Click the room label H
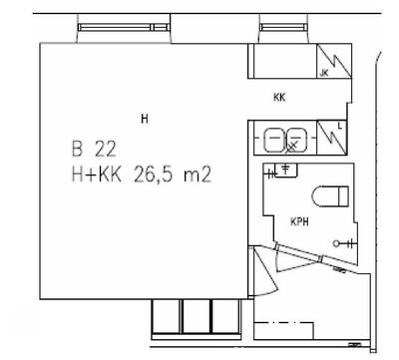pyautogui.click(x=145, y=119)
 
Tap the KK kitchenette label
pyautogui.click(x=279, y=98)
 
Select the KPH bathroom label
pyautogui.click(x=299, y=221)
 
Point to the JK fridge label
pyautogui.click(x=324, y=73)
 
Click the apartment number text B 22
pyautogui.click(x=94, y=149)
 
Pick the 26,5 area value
pyautogui.click(x=154, y=175)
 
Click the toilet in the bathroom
pyautogui.click(x=330, y=196)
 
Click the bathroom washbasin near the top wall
pyautogui.click(x=286, y=171)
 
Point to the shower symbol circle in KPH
pyautogui.click(x=336, y=244)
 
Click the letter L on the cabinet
pyautogui.click(x=339, y=126)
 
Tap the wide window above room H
pyautogui.click(x=124, y=27)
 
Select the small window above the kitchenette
pyautogui.click(x=282, y=27)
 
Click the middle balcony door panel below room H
pyautogui.click(x=197, y=316)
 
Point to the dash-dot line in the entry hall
pyautogui.click(x=283, y=322)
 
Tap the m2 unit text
pyautogui.click(x=198, y=176)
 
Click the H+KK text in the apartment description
pyautogui.click(x=97, y=175)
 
